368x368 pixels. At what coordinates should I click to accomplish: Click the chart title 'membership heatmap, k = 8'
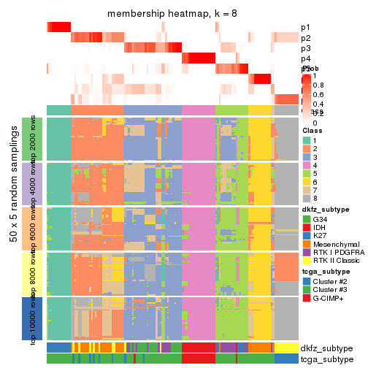172,14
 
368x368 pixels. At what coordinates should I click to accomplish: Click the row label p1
305,28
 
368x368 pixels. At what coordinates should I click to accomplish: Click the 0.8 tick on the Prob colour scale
320,85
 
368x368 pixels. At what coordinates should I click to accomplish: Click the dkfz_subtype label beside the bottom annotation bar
326,348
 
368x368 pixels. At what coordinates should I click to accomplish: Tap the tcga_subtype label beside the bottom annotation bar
326,359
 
